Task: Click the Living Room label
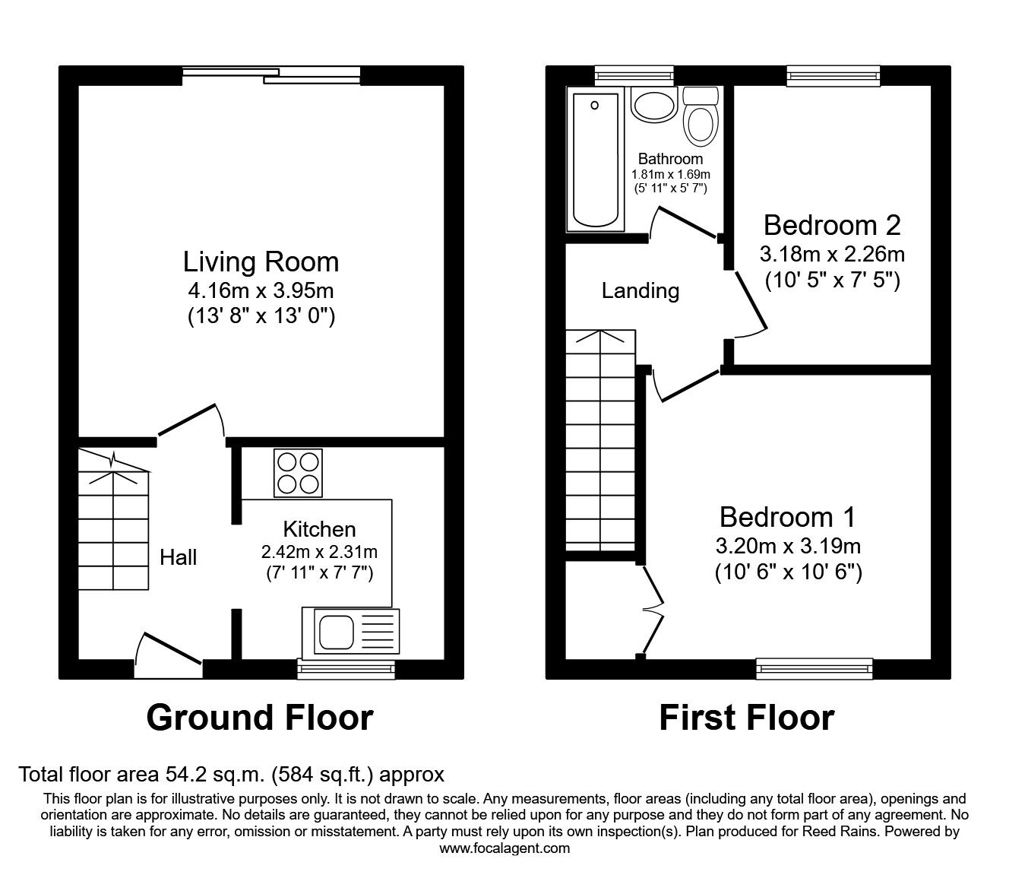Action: pos(261,262)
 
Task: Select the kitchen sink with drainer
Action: pos(350,632)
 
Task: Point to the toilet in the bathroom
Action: pos(700,117)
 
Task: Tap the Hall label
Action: pos(179,558)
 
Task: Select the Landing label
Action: pos(640,290)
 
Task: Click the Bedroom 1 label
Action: pos(787,517)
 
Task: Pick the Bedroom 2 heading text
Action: pos(832,225)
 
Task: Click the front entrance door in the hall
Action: pos(169,655)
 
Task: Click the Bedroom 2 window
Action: pos(833,75)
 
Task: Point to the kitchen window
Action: pos(346,668)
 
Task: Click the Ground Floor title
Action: pos(259,717)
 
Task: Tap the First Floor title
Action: pos(746,717)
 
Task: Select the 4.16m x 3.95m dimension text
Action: pos(261,290)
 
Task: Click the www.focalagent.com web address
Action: pos(504,848)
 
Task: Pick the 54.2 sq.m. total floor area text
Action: pos(231,775)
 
